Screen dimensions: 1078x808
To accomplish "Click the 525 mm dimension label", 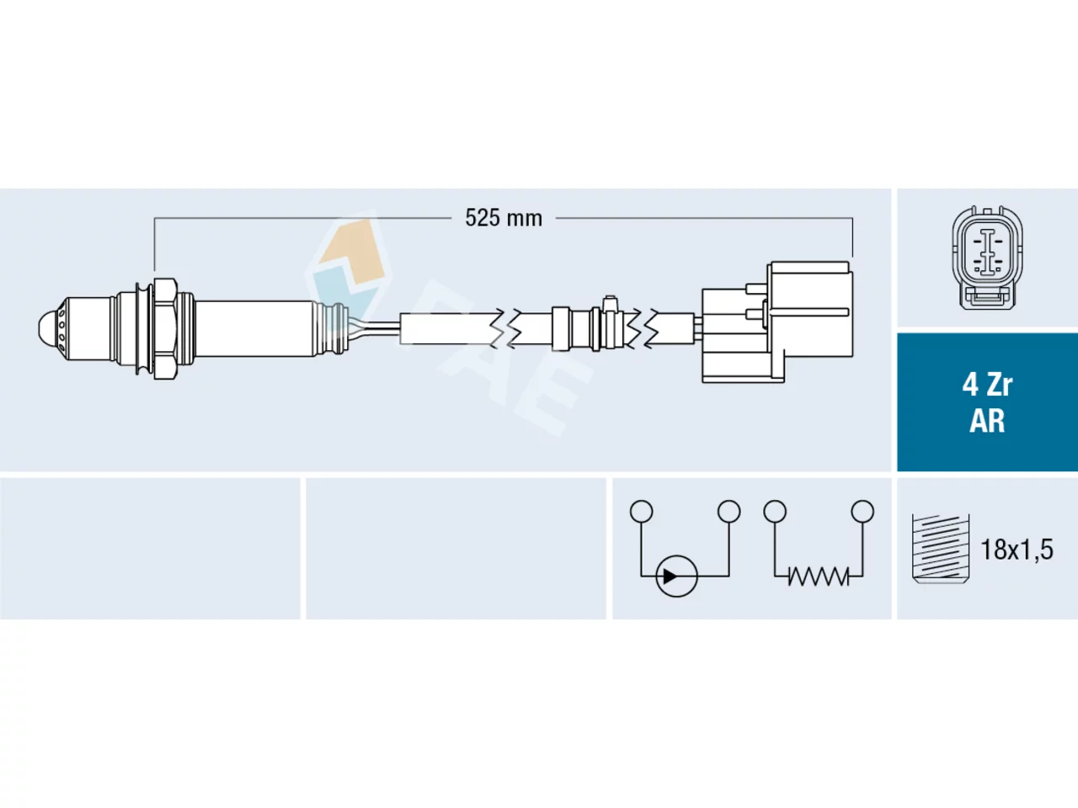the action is point(504,218).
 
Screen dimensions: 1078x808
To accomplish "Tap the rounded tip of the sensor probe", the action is point(49,327).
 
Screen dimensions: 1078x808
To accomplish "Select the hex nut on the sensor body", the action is point(165,328).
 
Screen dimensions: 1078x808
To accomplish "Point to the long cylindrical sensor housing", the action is point(255,328).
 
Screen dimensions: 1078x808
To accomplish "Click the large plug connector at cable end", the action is point(777,322).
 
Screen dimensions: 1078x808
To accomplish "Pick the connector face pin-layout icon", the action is point(988,258).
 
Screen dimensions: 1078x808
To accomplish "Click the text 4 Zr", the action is point(987,385).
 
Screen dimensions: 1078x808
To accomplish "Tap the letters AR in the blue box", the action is point(987,421).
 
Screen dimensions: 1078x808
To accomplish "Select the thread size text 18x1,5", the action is point(1017,550).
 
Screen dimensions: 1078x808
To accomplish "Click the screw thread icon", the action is point(940,549).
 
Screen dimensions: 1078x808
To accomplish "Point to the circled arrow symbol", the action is point(676,576).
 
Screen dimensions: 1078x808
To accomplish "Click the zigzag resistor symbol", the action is point(819,576).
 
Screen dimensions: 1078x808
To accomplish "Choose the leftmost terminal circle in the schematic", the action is point(642,511).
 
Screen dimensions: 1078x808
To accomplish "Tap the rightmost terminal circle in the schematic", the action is point(862,511).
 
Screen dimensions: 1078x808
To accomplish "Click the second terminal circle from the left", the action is point(728,511).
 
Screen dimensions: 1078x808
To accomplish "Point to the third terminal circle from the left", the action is point(775,511).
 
